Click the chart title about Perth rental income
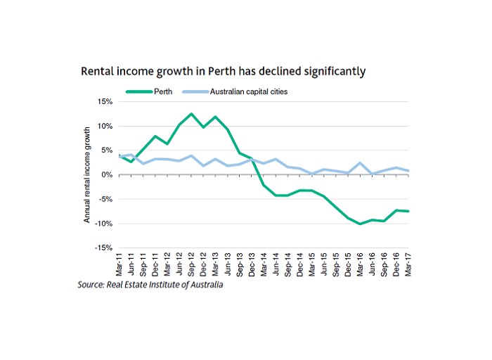coord(224,72)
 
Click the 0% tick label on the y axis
coord(107,175)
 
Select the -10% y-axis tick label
coord(103,224)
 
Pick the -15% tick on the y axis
coord(103,248)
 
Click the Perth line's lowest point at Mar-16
coord(360,224)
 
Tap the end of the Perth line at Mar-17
coord(408,211)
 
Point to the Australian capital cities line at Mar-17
coord(408,171)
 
